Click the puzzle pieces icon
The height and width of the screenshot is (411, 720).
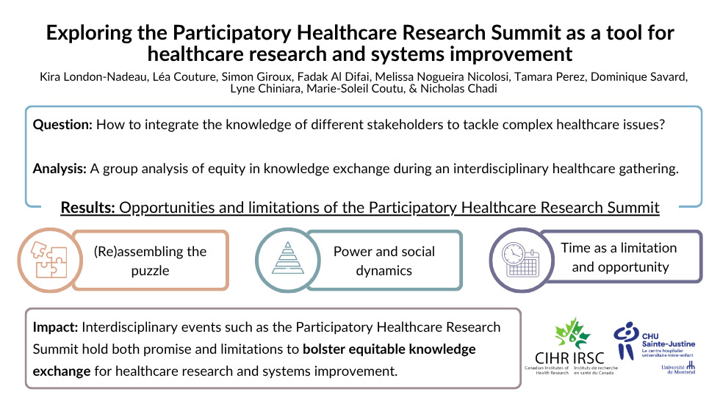[x=48, y=260]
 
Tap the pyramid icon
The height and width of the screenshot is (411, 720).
[x=288, y=258]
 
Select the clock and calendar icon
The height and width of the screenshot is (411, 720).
[x=520, y=260]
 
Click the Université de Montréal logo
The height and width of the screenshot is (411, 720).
[x=678, y=368]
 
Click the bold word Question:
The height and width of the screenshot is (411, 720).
[x=62, y=125]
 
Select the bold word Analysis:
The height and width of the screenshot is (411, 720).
[x=60, y=169]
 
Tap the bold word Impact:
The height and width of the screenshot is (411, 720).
[x=55, y=327]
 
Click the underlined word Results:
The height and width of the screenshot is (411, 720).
[x=87, y=208]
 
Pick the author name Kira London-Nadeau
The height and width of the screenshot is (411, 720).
[x=94, y=76]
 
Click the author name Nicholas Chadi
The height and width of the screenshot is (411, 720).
[x=458, y=89]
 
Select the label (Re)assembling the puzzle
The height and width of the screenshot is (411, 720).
[x=150, y=261]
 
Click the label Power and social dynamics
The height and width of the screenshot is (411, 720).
[x=384, y=261]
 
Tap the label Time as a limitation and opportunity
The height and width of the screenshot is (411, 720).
[x=619, y=258]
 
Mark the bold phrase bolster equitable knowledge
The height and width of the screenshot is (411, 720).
[x=389, y=349]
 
